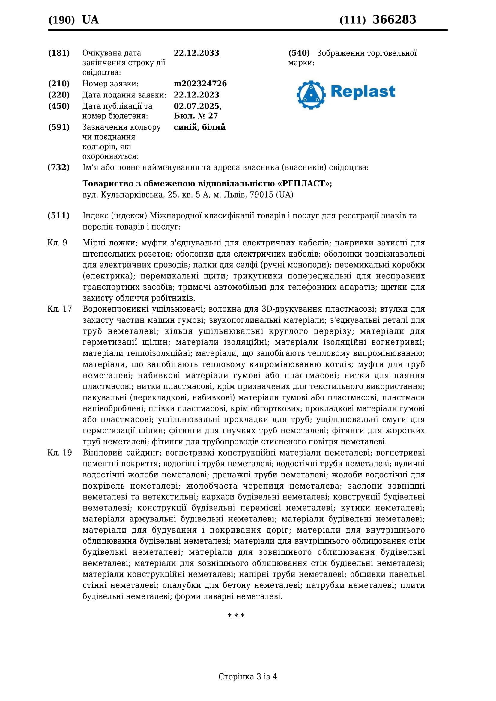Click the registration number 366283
[394, 19]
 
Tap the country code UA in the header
[90, 20]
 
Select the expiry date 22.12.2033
[196, 53]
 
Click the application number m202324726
[200, 84]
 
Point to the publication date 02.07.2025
[197, 106]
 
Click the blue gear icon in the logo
[311, 95]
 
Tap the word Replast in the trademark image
[363, 92]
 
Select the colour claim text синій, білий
[199, 127]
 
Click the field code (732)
[59, 167]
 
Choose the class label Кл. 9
[57, 243]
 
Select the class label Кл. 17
[60, 309]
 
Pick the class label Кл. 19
[60, 453]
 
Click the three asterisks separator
[236, 616]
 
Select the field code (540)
[299, 53]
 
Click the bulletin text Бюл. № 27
[196, 116]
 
